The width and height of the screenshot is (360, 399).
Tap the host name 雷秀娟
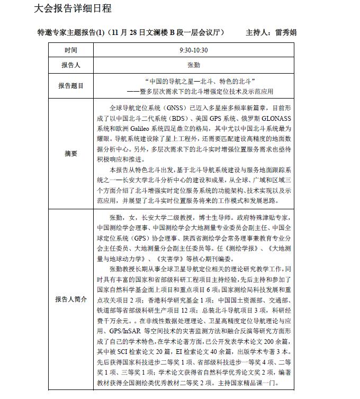286,32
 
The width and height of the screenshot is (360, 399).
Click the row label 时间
71,50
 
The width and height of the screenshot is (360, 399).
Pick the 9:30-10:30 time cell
193,50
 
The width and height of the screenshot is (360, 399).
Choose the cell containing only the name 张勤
193,66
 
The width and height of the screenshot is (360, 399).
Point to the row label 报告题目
71,85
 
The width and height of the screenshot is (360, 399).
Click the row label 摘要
71,154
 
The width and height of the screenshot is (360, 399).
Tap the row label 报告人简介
71,299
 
